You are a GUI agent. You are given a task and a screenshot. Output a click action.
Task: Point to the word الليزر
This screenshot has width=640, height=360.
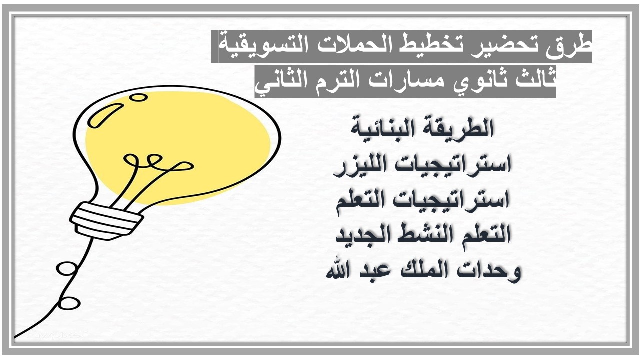pos(359,165)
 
